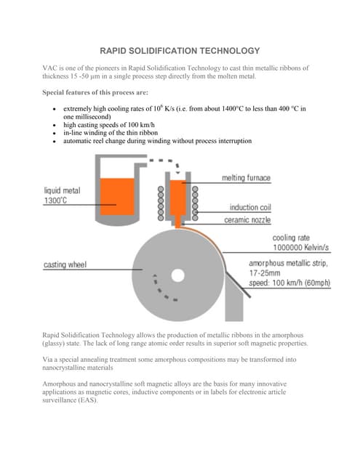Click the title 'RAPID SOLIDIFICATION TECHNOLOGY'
tap(180, 51)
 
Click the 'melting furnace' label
tap(246, 177)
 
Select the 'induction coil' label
tap(250, 207)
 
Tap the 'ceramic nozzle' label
tap(247, 219)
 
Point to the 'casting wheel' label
tap(65, 264)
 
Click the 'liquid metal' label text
tap(62, 190)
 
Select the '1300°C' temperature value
tap(55, 201)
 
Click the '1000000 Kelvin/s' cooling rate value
tap(300, 247)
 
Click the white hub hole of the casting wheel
tap(177, 275)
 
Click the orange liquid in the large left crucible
tap(117, 197)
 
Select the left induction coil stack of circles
tap(161, 203)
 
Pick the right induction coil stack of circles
tap(195, 203)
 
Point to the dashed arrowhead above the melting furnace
tap(177, 171)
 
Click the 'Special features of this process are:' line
tap(95, 92)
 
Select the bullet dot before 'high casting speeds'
tap(55, 126)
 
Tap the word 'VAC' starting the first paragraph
tap(49, 68)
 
